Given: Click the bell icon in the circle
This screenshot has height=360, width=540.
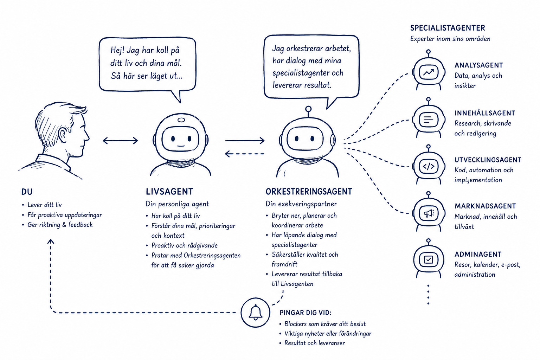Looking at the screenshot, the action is click(x=256, y=313).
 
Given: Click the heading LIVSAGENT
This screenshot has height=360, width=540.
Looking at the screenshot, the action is click(x=169, y=192).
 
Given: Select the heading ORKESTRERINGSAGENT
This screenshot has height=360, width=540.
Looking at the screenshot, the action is click(x=309, y=192).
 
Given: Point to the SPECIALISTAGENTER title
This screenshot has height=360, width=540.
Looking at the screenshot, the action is click(x=448, y=28).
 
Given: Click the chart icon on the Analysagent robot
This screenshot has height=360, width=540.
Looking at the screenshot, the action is click(x=429, y=72).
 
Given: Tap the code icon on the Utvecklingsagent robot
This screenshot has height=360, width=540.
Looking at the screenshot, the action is click(x=429, y=166).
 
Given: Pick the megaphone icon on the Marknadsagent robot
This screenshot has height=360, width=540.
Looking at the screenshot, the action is click(x=429, y=213).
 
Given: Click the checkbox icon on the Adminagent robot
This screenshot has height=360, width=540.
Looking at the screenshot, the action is click(x=429, y=260).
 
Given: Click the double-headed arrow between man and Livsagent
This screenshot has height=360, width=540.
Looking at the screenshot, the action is click(x=120, y=141).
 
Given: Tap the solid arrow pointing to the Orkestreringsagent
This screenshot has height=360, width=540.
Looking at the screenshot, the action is click(x=245, y=140).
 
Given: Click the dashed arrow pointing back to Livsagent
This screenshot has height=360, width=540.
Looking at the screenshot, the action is click(x=245, y=154).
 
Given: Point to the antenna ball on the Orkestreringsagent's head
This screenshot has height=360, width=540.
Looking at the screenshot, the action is click(x=308, y=109).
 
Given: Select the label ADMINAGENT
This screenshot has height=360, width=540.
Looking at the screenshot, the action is click(x=478, y=254).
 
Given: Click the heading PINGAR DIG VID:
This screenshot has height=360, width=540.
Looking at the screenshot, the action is click(x=306, y=313).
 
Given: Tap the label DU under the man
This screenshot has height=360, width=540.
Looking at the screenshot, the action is click(x=27, y=192).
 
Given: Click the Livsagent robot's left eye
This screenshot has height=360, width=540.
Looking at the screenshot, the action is click(x=173, y=139).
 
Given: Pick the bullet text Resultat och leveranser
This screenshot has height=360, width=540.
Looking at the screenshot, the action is click(x=315, y=343).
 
